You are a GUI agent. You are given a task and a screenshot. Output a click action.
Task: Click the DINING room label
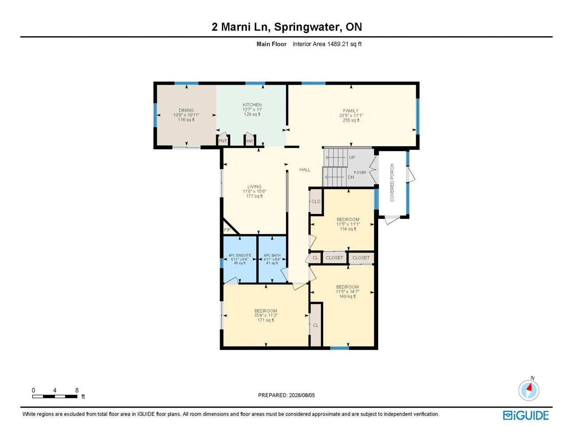coord(186,110)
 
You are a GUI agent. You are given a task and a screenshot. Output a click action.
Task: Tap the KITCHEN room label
coord(252,105)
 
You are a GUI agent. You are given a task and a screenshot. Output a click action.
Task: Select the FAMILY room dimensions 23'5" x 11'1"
coord(351,116)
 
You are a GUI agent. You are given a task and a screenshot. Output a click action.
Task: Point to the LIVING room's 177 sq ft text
coord(255,196)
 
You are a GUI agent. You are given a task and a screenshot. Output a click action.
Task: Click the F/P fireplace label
coord(227,230)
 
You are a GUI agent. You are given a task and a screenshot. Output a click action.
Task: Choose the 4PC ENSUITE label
coord(240,255)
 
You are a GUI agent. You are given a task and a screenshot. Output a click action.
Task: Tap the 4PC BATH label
coord(272,255)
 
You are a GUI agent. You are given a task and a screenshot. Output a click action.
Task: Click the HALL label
coord(305,170)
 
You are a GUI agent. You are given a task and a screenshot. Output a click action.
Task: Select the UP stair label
coord(352,157)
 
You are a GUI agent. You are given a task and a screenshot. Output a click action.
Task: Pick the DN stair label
coord(351,177)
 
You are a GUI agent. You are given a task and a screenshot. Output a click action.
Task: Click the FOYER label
coord(360,172)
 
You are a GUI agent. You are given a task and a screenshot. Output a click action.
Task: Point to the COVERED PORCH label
coord(392,183)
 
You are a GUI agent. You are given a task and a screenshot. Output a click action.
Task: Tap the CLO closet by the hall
coord(316,202)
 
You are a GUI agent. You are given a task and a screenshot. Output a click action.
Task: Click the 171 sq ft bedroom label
coord(266,320)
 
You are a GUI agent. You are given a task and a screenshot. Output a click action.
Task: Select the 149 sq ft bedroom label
coord(348,296)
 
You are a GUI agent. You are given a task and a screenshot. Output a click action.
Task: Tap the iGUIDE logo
coord(526,416)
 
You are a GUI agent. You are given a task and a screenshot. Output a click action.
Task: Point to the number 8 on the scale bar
coord(77,390)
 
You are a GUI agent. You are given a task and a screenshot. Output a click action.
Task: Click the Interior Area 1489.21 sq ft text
coord(327,44)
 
